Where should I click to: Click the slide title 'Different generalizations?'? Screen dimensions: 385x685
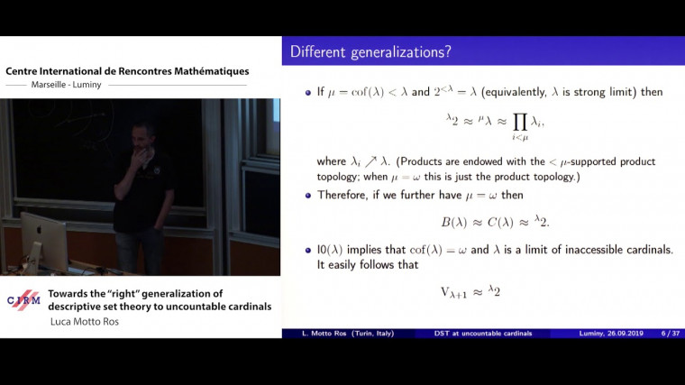click(370, 52)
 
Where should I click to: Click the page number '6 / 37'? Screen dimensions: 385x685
click(662, 334)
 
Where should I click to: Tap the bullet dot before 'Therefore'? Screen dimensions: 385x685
click(308, 195)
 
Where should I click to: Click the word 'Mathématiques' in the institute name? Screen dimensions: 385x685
click(208, 71)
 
